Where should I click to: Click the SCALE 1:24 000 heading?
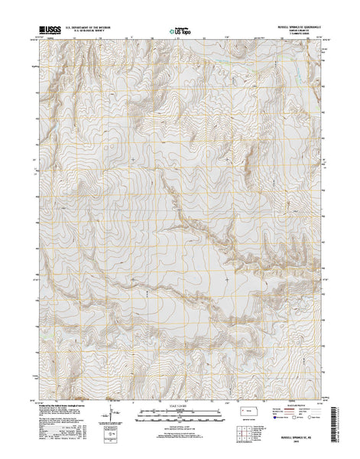point(180,402)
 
